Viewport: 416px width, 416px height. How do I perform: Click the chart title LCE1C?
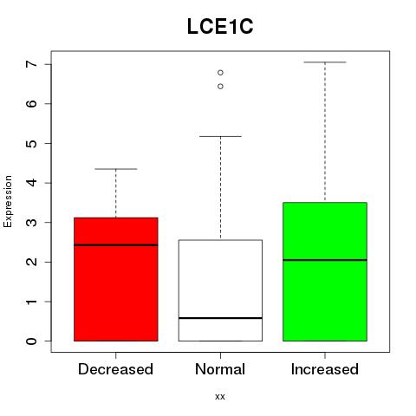(220, 27)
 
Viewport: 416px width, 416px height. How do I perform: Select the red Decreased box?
(116, 279)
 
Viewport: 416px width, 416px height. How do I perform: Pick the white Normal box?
(220, 290)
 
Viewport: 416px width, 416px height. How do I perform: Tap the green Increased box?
(325, 271)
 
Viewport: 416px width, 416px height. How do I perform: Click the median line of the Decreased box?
(116, 245)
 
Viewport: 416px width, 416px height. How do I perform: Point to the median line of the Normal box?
(220, 318)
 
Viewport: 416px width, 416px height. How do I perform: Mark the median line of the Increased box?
(325, 260)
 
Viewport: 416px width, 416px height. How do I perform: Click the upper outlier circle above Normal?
(220, 73)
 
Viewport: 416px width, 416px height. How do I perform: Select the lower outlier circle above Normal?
(220, 87)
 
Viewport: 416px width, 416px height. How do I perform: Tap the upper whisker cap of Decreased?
(116, 169)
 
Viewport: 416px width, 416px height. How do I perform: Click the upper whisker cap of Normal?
(220, 136)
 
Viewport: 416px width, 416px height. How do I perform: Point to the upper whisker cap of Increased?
(325, 62)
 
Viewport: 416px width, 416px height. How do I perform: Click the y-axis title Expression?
(8, 201)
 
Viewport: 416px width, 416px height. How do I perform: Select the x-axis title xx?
(220, 397)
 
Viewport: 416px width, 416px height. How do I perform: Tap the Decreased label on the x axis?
(115, 369)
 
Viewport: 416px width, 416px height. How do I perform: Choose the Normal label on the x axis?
(220, 369)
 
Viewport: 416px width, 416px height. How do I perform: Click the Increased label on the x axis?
(325, 369)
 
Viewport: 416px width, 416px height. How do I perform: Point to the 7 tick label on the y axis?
(31, 64)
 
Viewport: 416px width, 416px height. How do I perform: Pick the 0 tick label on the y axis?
(31, 341)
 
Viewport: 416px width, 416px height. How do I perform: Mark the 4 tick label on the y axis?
(31, 183)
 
